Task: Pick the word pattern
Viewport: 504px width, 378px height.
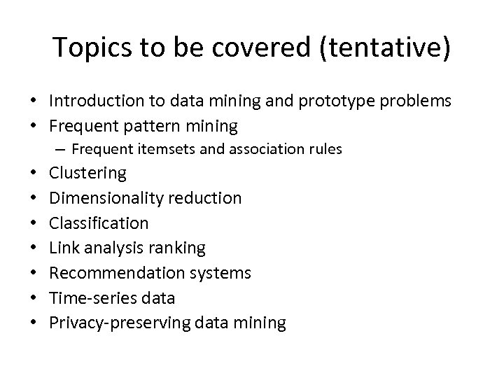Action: pos(152,127)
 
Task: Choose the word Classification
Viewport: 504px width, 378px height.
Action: pos(99,223)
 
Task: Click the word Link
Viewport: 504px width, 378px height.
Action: pos(63,248)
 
